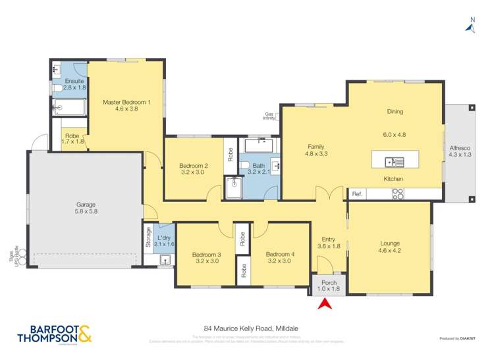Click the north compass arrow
470,26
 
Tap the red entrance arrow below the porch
323,303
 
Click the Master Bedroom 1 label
126,103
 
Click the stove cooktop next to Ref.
398,194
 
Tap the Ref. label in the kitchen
358,194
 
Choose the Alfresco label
459,147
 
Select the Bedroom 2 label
193,166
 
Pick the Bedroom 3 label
206,255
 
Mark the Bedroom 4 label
280,255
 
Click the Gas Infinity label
269,115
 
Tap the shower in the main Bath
233,188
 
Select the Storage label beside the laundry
148,238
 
